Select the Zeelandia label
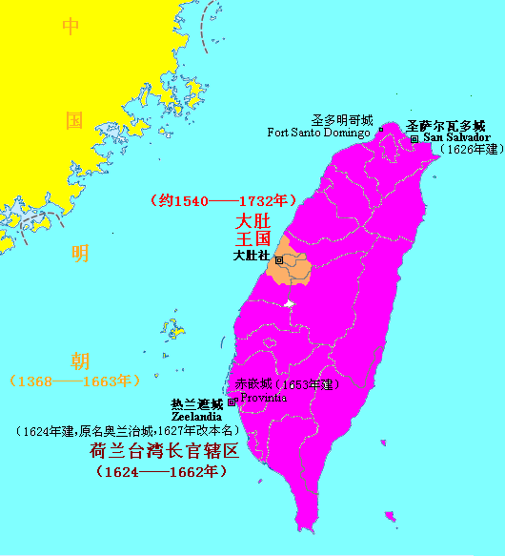[197, 417]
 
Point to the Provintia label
[262, 398]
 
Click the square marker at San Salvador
[414, 138]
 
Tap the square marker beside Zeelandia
[231, 402]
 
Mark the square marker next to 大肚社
[278, 260]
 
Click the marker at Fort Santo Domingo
[380, 129]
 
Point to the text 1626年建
[467, 150]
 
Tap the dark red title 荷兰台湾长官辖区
[164, 451]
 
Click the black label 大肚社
[252, 256]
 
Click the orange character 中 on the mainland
[71, 27]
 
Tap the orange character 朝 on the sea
[81, 360]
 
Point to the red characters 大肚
[253, 220]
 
